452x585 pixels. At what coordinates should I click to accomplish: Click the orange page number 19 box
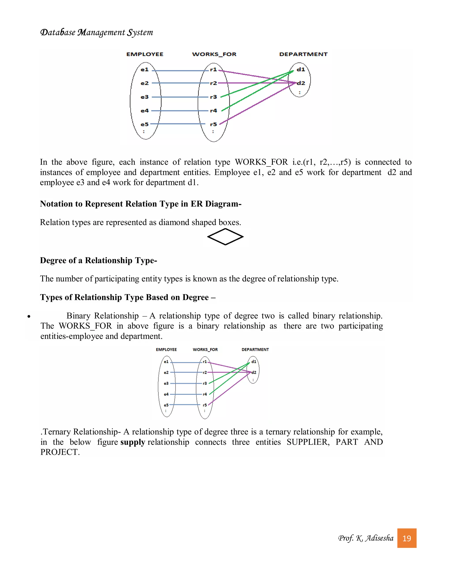[407, 538]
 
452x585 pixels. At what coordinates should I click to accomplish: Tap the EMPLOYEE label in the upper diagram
[145, 54]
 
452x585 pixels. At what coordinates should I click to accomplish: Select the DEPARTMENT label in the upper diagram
[303, 54]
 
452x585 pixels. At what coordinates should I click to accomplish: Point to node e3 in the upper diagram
[145, 97]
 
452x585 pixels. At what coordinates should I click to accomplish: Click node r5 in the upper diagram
[213, 124]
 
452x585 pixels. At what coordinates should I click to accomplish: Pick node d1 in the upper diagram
[301, 70]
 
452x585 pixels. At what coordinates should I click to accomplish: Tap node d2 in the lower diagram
[254, 372]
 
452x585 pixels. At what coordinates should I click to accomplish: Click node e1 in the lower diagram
[166, 362]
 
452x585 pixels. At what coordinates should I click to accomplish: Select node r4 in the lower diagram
[205, 394]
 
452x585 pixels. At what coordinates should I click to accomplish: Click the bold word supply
[133, 442]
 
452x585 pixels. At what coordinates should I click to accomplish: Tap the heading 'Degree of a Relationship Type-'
[98, 260]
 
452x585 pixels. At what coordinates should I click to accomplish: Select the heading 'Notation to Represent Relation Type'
[141, 204]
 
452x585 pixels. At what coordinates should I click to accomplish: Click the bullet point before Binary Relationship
[29, 317]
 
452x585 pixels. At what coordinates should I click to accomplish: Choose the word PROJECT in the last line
[60, 452]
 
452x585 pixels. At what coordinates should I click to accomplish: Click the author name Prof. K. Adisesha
[365, 538]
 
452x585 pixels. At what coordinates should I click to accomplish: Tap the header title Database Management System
[96, 32]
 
